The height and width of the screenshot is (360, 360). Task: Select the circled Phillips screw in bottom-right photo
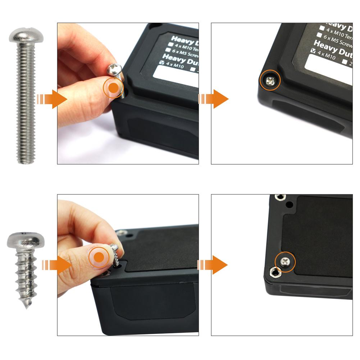(285, 262)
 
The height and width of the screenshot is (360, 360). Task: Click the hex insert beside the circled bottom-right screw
(275, 274)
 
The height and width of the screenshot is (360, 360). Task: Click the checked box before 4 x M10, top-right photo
(311, 51)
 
